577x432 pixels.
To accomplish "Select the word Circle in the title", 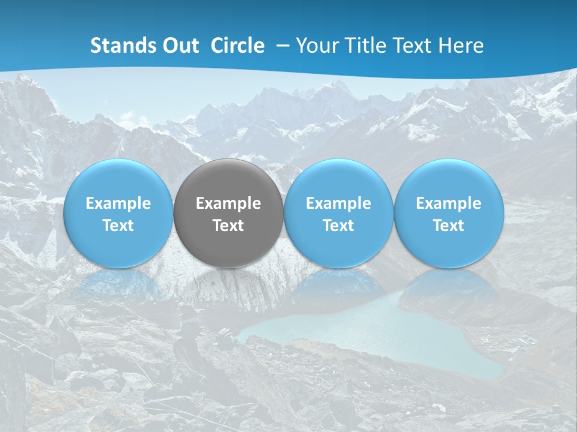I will click(237, 46).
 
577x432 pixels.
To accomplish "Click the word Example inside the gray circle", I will click(228, 204).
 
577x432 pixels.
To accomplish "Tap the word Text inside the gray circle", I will click(228, 226).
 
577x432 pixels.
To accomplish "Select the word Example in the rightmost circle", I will click(448, 204).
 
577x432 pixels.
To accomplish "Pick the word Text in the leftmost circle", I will click(118, 226).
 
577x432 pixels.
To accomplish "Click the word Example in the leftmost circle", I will click(118, 204).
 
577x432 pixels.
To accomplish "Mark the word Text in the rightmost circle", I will click(448, 226).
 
